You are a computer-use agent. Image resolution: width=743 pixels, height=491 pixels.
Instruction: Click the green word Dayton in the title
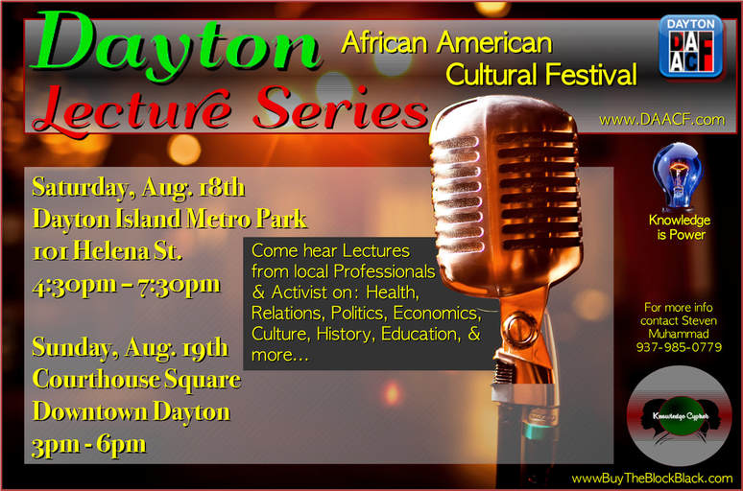[x=176, y=45]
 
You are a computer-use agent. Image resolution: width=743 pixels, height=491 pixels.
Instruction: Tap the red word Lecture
[x=132, y=110]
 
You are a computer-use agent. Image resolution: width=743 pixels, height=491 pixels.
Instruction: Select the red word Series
[x=341, y=109]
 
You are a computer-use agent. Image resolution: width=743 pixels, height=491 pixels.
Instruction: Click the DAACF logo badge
[x=691, y=46]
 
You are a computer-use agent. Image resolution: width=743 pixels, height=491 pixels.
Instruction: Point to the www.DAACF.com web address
[x=662, y=119]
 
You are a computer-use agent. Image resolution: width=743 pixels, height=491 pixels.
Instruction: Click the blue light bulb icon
[x=678, y=177]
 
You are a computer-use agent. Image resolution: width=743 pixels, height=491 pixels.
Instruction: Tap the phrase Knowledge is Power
[x=680, y=227]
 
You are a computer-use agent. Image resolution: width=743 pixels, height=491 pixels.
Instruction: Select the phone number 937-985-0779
[x=679, y=347]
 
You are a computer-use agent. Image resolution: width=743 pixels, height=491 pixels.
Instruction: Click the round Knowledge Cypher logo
[x=680, y=415]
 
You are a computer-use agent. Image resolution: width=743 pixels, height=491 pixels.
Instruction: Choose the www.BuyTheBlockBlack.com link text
[x=652, y=479]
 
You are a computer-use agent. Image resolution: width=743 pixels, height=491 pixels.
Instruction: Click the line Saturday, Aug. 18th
[x=138, y=189]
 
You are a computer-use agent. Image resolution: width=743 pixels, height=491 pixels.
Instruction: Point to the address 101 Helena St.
[x=108, y=251]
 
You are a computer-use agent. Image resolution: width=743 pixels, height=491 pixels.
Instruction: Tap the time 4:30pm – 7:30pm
[x=126, y=286]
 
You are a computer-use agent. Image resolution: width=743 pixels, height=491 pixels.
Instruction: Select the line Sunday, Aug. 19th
[x=131, y=348]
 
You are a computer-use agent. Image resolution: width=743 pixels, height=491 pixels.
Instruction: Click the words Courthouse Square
[x=136, y=380]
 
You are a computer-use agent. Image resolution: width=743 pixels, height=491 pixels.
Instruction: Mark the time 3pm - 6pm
[x=89, y=445]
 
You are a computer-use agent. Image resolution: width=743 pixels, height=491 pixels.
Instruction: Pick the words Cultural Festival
[x=541, y=75]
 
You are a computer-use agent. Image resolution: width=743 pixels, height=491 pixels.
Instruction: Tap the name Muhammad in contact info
[x=679, y=334]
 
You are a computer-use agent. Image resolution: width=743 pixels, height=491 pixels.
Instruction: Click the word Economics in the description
[x=437, y=314]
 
